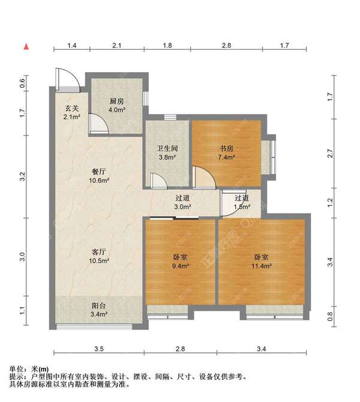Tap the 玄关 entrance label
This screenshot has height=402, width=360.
pyautogui.click(x=72, y=108)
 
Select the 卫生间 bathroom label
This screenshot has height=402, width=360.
pyautogui.click(x=167, y=149)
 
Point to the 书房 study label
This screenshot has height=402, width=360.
pyautogui.click(x=226, y=149)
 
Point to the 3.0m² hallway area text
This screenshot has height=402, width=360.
pyautogui.click(x=182, y=207)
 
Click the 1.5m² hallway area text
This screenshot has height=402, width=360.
pyautogui.click(x=242, y=207)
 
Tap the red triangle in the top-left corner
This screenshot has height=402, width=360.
pyautogui.click(x=26, y=46)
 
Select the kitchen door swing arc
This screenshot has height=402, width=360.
pyautogui.click(x=98, y=122)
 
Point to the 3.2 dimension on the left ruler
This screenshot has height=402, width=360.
pyautogui.click(x=22, y=177)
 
